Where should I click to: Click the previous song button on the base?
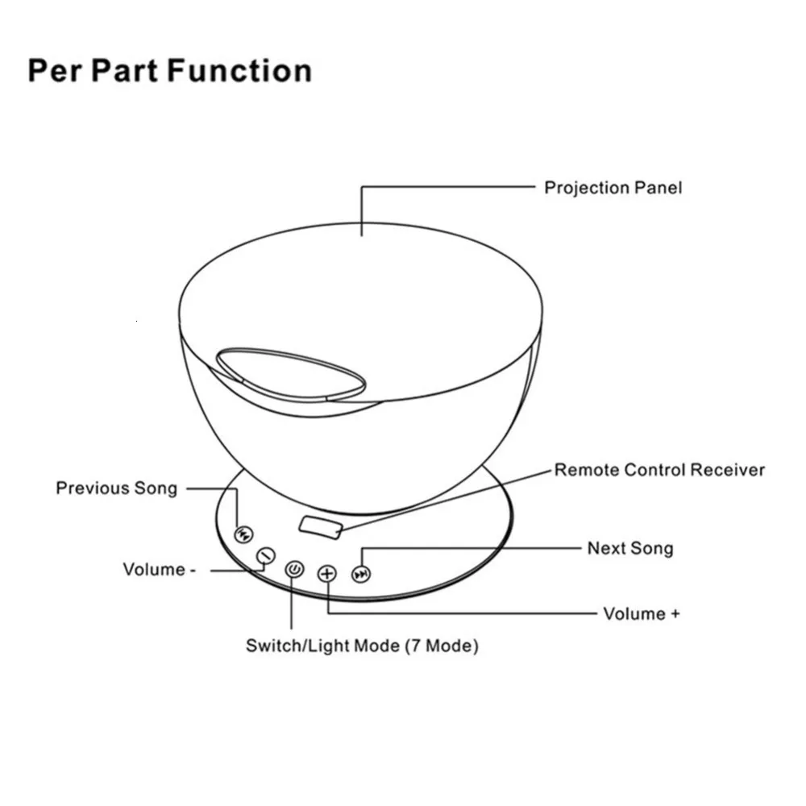pyautogui.click(x=243, y=534)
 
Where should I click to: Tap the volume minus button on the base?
pyautogui.click(x=265, y=556)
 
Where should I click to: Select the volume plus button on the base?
pyautogui.click(x=326, y=574)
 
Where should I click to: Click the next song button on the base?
pyautogui.click(x=364, y=574)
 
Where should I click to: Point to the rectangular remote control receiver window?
pyautogui.click(x=321, y=526)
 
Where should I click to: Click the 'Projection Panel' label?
pyautogui.click(x=613, y=188)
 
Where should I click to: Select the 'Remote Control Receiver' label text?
pyautogui.click(x=659, y=470)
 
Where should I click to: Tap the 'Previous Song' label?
pyautogui.click(x=116, y=488)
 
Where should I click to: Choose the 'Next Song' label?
pyautogui.click(x=629, y=549)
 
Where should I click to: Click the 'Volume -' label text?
pyautogui.click(x=159, y=570)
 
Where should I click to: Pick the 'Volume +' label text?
pyautogui.click(x=641, y=614)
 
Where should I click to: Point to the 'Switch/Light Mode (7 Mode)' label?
pyautogui.click(x=362, y=646)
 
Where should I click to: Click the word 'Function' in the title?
pyautogui.click(x=240, y=71)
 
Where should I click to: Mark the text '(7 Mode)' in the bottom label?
pyautogui.click(x=441, y=646)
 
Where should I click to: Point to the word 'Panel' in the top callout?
pyautogui.click(x=658, y=188)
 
